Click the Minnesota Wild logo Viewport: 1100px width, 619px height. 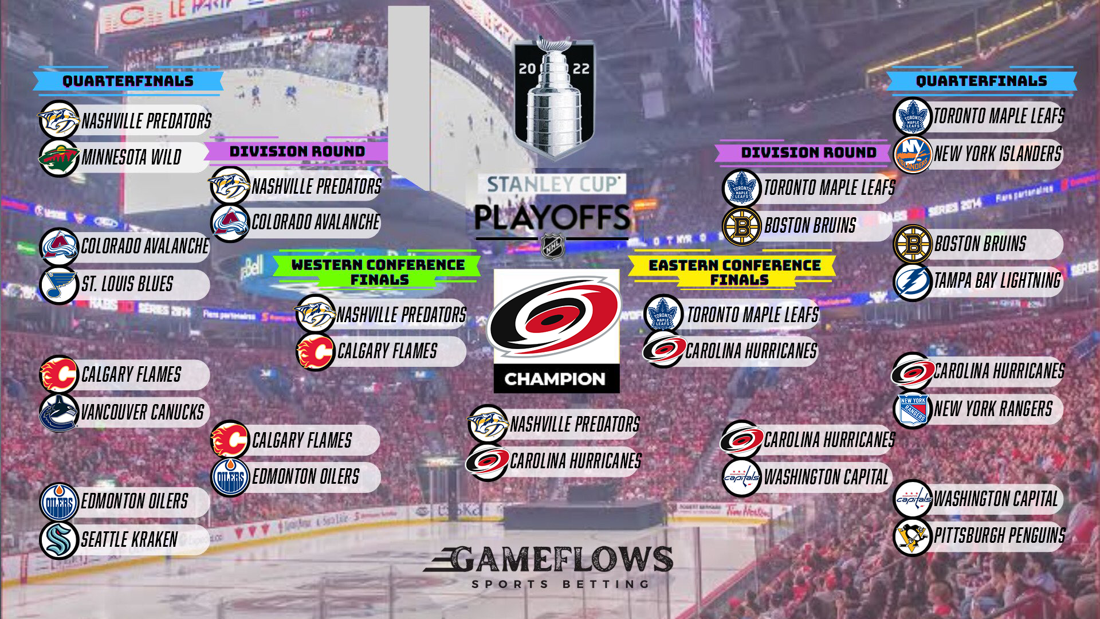click(58, 157)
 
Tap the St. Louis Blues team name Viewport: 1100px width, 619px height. click(127, 284)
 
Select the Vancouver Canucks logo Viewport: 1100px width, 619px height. click(58, 412)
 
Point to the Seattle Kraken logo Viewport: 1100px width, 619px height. click(58, 539)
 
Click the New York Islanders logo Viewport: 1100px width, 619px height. click(913, 154)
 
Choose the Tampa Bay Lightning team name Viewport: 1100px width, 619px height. click(997, 281)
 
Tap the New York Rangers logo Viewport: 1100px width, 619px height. click(913, 409)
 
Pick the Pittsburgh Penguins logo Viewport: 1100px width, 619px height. click(913, 536)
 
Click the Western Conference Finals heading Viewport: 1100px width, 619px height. click(378, 272)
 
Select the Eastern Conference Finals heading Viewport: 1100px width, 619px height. click(736, 272)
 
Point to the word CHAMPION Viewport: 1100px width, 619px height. click(555, 379)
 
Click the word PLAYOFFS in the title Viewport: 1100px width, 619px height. click(552, 217)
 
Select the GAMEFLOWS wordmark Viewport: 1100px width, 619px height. click(549, 559)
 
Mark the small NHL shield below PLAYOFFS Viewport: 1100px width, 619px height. click(553, 246)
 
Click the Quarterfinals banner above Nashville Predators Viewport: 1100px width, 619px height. click(128, 81)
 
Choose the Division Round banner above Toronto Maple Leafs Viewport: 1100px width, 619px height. click(808, 152)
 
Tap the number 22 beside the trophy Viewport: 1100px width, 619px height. click(581, 69)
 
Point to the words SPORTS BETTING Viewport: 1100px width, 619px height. click(560, 584)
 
